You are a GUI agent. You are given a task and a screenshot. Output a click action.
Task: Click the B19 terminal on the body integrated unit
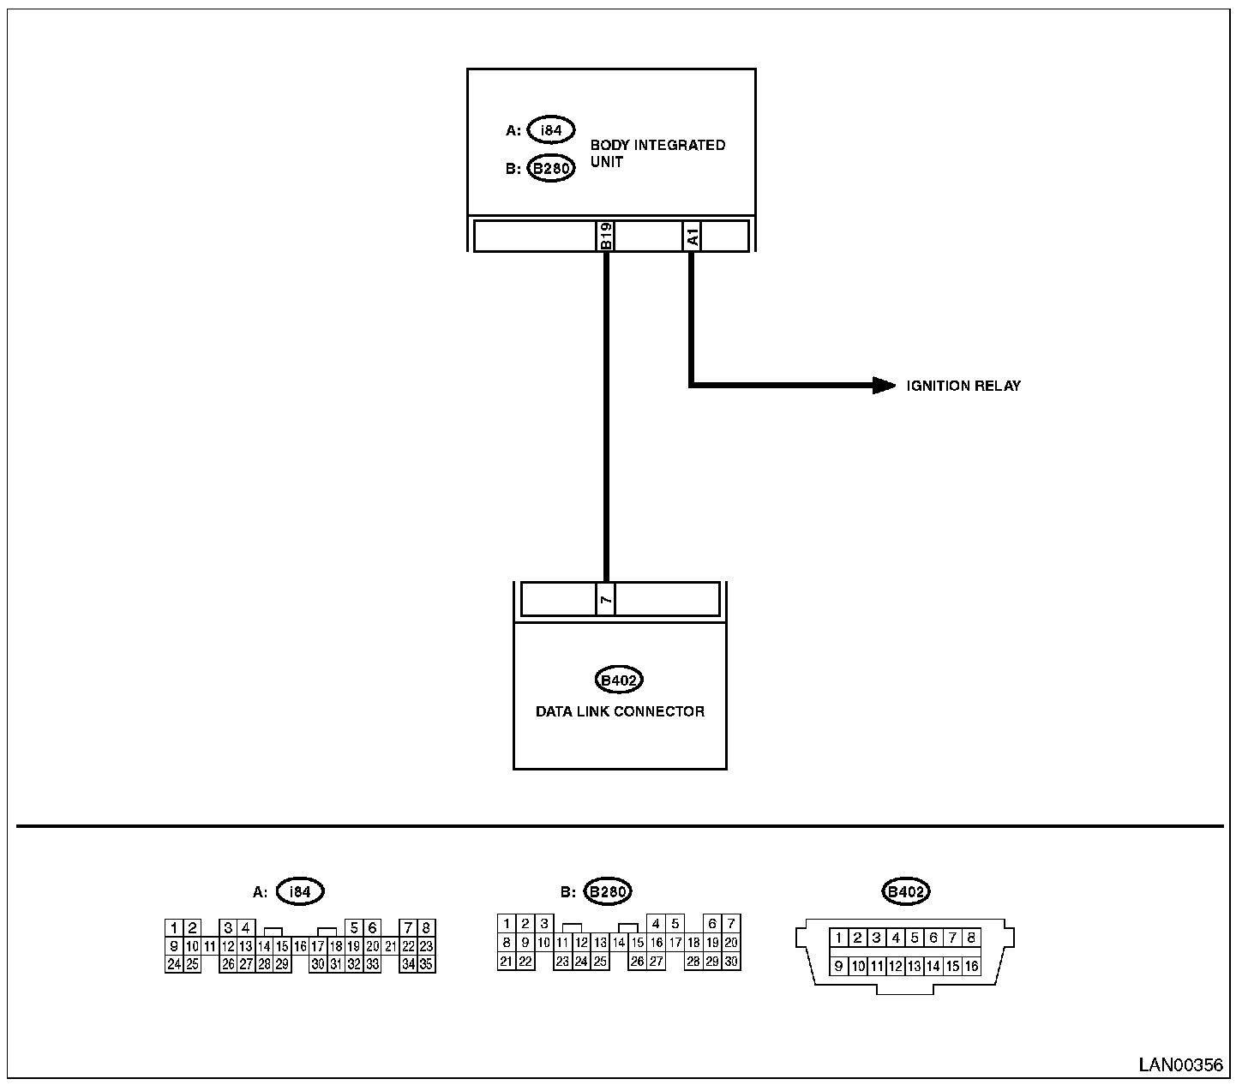click(x=606, y=236)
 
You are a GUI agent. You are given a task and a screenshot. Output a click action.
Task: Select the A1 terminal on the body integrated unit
click(x=693, y=236)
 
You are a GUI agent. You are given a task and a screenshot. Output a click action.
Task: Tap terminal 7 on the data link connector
click(x=606, y=599)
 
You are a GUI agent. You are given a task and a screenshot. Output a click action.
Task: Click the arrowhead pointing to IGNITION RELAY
click(x=884, y=386)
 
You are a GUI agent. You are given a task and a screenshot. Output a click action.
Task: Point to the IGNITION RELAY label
click(x=963, y=386)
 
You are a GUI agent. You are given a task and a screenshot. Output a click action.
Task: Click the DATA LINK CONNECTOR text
click(x=620, y=711)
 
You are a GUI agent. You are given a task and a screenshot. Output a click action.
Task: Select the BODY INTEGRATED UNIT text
click(x=657, y=153)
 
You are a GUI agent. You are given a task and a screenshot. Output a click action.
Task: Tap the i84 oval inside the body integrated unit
click(x=551, y=130)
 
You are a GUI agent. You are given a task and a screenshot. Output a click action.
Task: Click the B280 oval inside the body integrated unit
click(x=551, y=168)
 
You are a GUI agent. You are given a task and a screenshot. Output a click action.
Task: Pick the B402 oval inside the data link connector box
click(x=619, y=680)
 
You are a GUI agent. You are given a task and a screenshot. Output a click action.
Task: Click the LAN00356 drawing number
click(x=1180, y=1065)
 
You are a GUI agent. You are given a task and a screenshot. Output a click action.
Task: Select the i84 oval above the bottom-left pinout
click(x=300, y=891)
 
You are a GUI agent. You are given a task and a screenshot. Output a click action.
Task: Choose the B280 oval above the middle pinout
click(x=607, y=891)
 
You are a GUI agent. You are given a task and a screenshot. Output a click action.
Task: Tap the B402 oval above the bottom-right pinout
click(x=906, y=891)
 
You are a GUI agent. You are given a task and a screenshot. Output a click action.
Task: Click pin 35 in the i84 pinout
click(x=426, y=964)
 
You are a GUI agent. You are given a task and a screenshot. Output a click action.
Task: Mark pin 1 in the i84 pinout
click(x=174, y=928)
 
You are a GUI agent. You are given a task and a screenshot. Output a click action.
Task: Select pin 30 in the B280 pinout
click(x=731, y=962)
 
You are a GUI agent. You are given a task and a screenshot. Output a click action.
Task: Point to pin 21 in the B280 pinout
click(x=507, y=962)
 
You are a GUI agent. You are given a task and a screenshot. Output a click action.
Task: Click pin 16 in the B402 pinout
click(x=971, y=966)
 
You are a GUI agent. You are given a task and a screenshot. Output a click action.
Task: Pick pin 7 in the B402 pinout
click(x=952, y=938)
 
